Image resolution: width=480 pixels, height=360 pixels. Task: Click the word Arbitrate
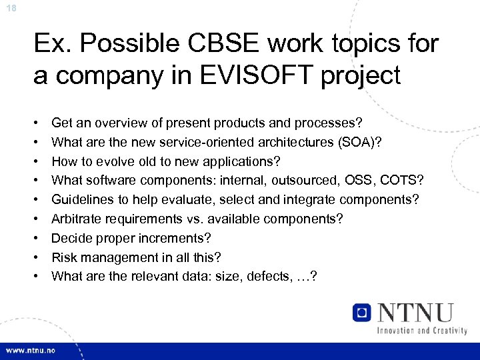click(x=79, y=219)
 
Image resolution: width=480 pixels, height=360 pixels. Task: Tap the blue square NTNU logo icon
click(x=362, y=313)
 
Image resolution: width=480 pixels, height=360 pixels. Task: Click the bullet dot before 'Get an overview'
click(x=37, y=123)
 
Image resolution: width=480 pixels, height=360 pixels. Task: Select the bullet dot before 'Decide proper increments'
click(x=37, y=238)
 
